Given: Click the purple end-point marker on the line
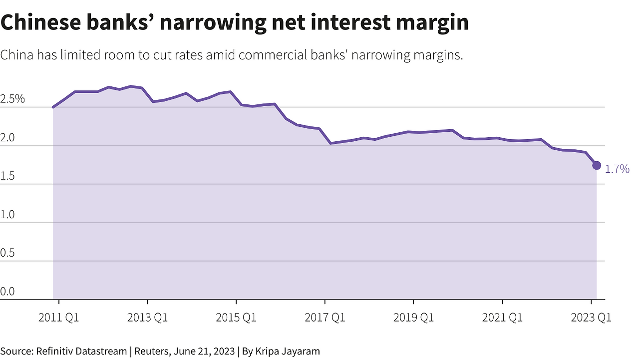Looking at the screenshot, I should pos(597,165).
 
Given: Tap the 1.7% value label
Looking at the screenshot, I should pos(617,169).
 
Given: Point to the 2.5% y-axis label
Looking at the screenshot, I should pos(12,99).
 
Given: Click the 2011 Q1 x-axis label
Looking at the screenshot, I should pos(59,318).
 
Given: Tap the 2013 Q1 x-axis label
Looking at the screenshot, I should pos(147,318).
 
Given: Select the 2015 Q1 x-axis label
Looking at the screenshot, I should pos(236,318).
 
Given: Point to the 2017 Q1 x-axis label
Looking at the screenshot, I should pos(325,318).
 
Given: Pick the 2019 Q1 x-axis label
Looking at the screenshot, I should pos(413,318).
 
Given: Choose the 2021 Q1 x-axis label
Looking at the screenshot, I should pos(502,318).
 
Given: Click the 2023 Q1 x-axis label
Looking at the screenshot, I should pos(591,318).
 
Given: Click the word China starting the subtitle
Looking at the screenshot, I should pos(17,55).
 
